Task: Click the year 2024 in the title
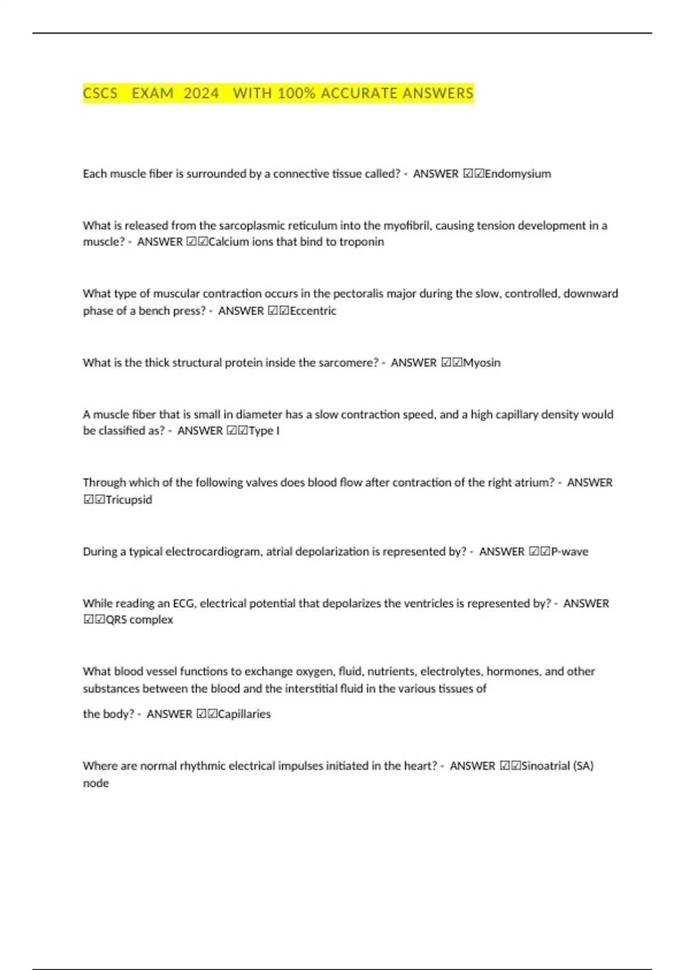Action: coord(201,93)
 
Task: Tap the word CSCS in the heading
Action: coord(100,93)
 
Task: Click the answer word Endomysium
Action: coord(518,173)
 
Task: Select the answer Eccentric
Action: coord(313,311)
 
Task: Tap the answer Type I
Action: coord(264,431)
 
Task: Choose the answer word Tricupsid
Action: coord(129,500)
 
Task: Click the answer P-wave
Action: coord(569,552)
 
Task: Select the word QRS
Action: coord(116,620)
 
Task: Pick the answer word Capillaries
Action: coord(244,714)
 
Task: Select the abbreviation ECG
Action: coord(184,603)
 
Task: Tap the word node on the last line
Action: coord(96,783)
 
